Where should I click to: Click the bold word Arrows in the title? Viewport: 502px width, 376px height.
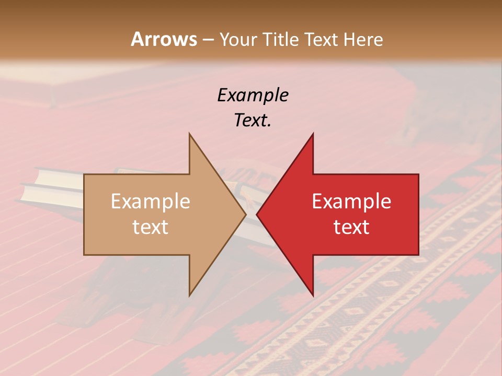(x=164, y=39)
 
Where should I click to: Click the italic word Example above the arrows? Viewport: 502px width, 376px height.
(x=253, y=96)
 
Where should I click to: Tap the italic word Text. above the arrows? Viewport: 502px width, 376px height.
(x=253, y=121)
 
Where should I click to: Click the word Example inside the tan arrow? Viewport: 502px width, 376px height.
(x=150, y=202)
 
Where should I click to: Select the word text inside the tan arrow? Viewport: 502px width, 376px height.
(x=150, y=227)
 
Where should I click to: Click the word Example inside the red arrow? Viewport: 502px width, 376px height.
(x=351, y=202)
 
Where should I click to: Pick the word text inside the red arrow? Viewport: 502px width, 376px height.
(x=351, y=227)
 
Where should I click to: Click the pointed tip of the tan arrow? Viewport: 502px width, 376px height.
(x=246, y=214)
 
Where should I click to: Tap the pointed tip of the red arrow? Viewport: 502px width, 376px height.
(x=257, y=214)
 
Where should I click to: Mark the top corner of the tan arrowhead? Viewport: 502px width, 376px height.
(x=189, y=134)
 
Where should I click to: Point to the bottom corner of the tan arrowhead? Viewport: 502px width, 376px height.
(x=189, y=296)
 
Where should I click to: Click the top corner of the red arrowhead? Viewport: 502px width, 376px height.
(x=313, y=134)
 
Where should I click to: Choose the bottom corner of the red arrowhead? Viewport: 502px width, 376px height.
(x=313, y=296)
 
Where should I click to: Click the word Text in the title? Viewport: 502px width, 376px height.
(x=321, y=39)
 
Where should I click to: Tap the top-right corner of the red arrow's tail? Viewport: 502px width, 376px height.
(x=418, y=174)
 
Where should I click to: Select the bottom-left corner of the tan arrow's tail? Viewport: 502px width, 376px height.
(x=84, y=255)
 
